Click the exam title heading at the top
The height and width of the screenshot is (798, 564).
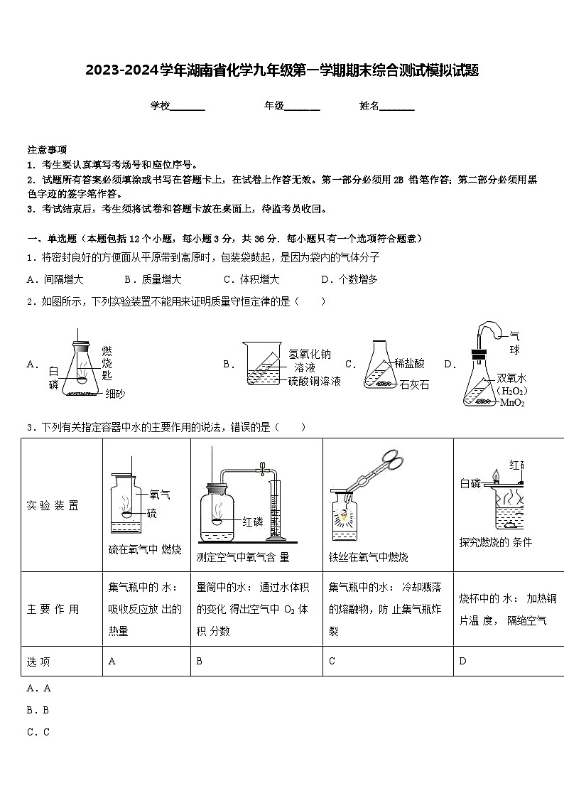pos(282,70)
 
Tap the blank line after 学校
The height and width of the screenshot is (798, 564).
pos(188,107)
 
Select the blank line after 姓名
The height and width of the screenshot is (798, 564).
pos(397,107)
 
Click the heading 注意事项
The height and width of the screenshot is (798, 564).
pos(47,150)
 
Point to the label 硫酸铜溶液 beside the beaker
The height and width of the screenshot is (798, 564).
pos(314,381)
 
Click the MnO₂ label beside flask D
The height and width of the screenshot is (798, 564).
pos(512,402)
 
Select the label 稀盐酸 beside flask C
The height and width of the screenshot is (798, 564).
pos(409,363)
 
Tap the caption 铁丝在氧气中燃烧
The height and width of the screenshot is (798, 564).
pos(368,557)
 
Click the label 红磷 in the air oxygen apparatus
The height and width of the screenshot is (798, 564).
pos(253,521)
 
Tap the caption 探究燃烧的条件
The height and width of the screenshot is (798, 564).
pos(495,542)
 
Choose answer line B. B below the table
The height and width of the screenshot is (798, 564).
pos(38,710)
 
